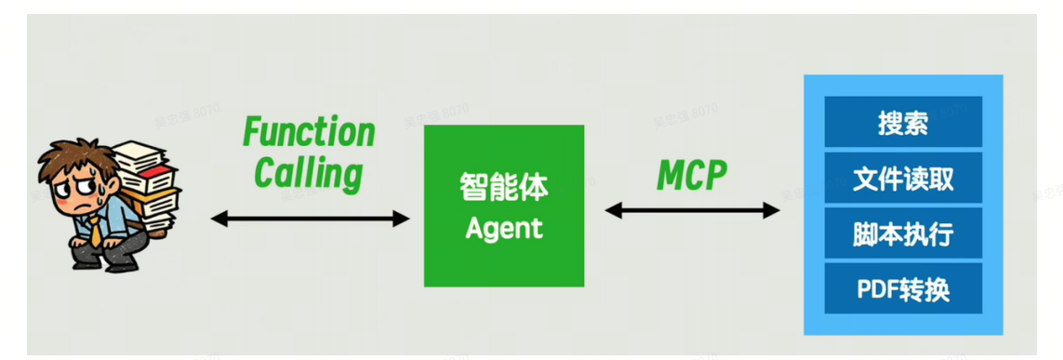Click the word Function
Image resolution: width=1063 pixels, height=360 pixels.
click(309, 132)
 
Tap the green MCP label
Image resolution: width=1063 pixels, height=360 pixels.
click(691, 174)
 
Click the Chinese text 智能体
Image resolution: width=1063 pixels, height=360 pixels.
click(504, 188)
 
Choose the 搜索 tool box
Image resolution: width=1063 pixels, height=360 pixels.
click(902, 122)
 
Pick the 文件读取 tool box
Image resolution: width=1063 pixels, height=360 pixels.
click(902, 179)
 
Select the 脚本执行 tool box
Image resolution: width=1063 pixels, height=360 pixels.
click(902, 233)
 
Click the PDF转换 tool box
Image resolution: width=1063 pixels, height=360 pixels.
click(902, 288)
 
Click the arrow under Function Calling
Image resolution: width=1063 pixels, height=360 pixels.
click(310, 220)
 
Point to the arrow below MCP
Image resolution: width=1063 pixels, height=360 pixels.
click(692, 211)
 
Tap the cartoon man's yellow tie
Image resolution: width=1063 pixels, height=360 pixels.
click(97, 229)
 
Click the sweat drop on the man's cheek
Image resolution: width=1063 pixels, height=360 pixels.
click(92, 200)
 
